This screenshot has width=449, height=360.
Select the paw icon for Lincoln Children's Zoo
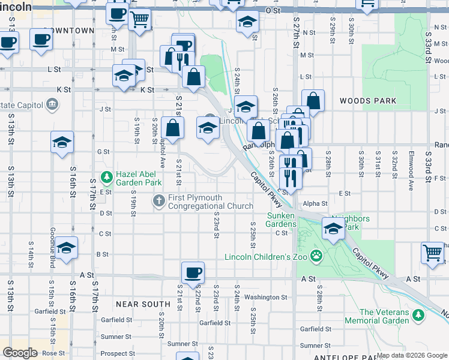coord(316,257)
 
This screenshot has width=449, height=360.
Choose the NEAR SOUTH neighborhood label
coord(143,304)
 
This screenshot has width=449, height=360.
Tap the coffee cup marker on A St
coord(193,273)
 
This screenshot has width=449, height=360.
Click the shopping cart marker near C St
coord(432,252)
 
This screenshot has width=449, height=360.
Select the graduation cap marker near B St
coord(67,248)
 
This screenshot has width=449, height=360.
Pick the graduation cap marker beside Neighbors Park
coord(333,227)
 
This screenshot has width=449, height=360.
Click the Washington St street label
coord(266,297)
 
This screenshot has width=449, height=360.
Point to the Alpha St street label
coord(315,204)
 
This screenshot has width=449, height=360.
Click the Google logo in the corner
coord(20,353)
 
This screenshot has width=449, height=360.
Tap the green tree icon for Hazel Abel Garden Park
coord(107,177)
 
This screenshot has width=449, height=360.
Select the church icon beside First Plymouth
coord(158,199)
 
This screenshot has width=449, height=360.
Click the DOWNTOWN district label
coord(69,30)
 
